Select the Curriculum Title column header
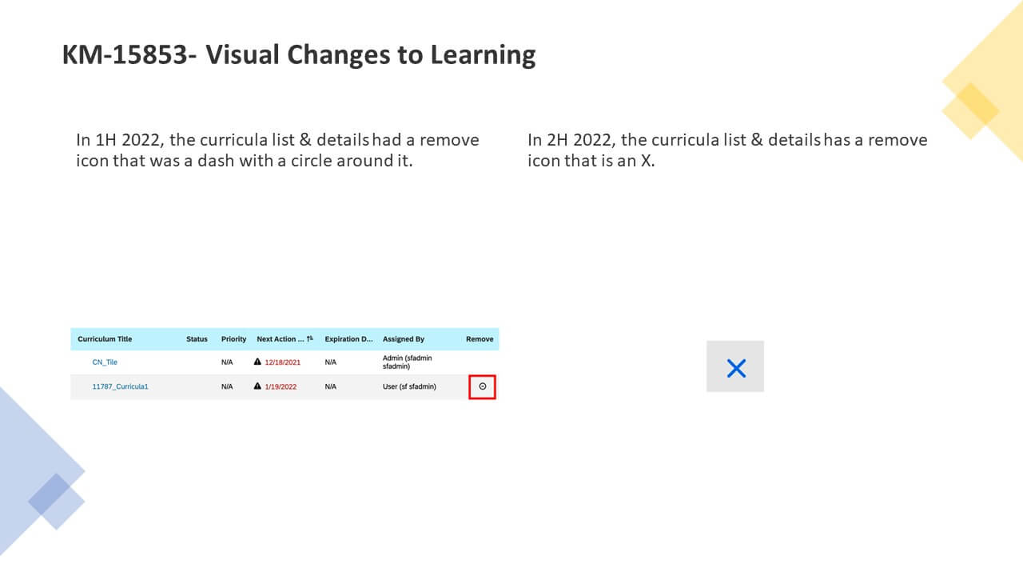click(105, 339)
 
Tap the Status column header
click(197, 339)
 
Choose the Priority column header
click(234, 339)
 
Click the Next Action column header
click(280, 339)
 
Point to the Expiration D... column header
click(348, 339)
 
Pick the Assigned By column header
click(404, 339)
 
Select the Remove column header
click(480, 339)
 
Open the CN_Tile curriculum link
click(105, 362)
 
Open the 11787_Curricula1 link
click(120, 386)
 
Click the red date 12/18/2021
click(283, 362)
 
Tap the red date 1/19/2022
click(281, 386)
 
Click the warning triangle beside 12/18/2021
click(257, 362)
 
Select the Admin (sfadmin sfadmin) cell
click(407, 362)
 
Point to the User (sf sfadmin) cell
click(409, 386)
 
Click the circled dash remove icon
click(482, 386)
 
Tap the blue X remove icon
click(736, 369)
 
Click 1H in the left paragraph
click(106, 140)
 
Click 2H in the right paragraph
click(558, 140)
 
